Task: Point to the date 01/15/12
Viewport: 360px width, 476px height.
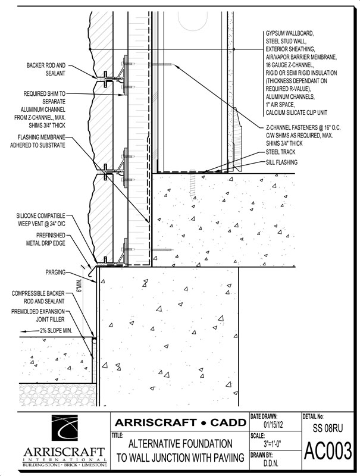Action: click(x=274, y=425)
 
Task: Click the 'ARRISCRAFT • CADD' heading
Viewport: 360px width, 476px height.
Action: click(x=180, y=422)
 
